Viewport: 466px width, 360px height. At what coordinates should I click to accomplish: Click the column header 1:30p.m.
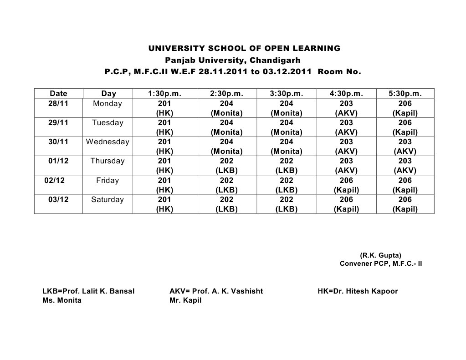click(x=164, y=94)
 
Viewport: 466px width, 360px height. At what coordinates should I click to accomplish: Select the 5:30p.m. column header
click(x=405, y=94)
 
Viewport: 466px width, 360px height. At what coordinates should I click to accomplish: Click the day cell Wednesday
click(x=108, y=142)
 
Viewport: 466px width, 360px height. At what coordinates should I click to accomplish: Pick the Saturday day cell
click(x=108, y=199)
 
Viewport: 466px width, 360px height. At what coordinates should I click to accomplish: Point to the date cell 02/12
click(x=55, y=180)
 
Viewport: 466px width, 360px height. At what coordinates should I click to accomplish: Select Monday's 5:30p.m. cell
click(x=405, y=108)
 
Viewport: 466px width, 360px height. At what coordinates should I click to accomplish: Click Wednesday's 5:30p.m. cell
click(x=405, y=147)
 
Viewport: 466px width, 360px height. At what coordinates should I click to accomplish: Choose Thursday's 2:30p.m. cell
click(x=226, y=166)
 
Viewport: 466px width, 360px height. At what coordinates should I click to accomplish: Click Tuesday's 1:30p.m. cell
click(x=164, y=127)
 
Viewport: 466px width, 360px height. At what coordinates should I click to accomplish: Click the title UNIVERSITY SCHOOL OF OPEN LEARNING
click(x=245, y=48)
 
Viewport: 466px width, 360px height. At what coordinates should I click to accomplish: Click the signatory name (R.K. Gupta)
click(x=380, y=255)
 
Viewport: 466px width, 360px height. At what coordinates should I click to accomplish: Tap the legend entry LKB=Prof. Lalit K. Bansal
click(x=88, y=291)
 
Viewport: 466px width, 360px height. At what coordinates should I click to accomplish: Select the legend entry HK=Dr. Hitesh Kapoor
click(x=358, y=291)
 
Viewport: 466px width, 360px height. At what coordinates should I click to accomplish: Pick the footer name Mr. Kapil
click(x=185, y=301)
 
